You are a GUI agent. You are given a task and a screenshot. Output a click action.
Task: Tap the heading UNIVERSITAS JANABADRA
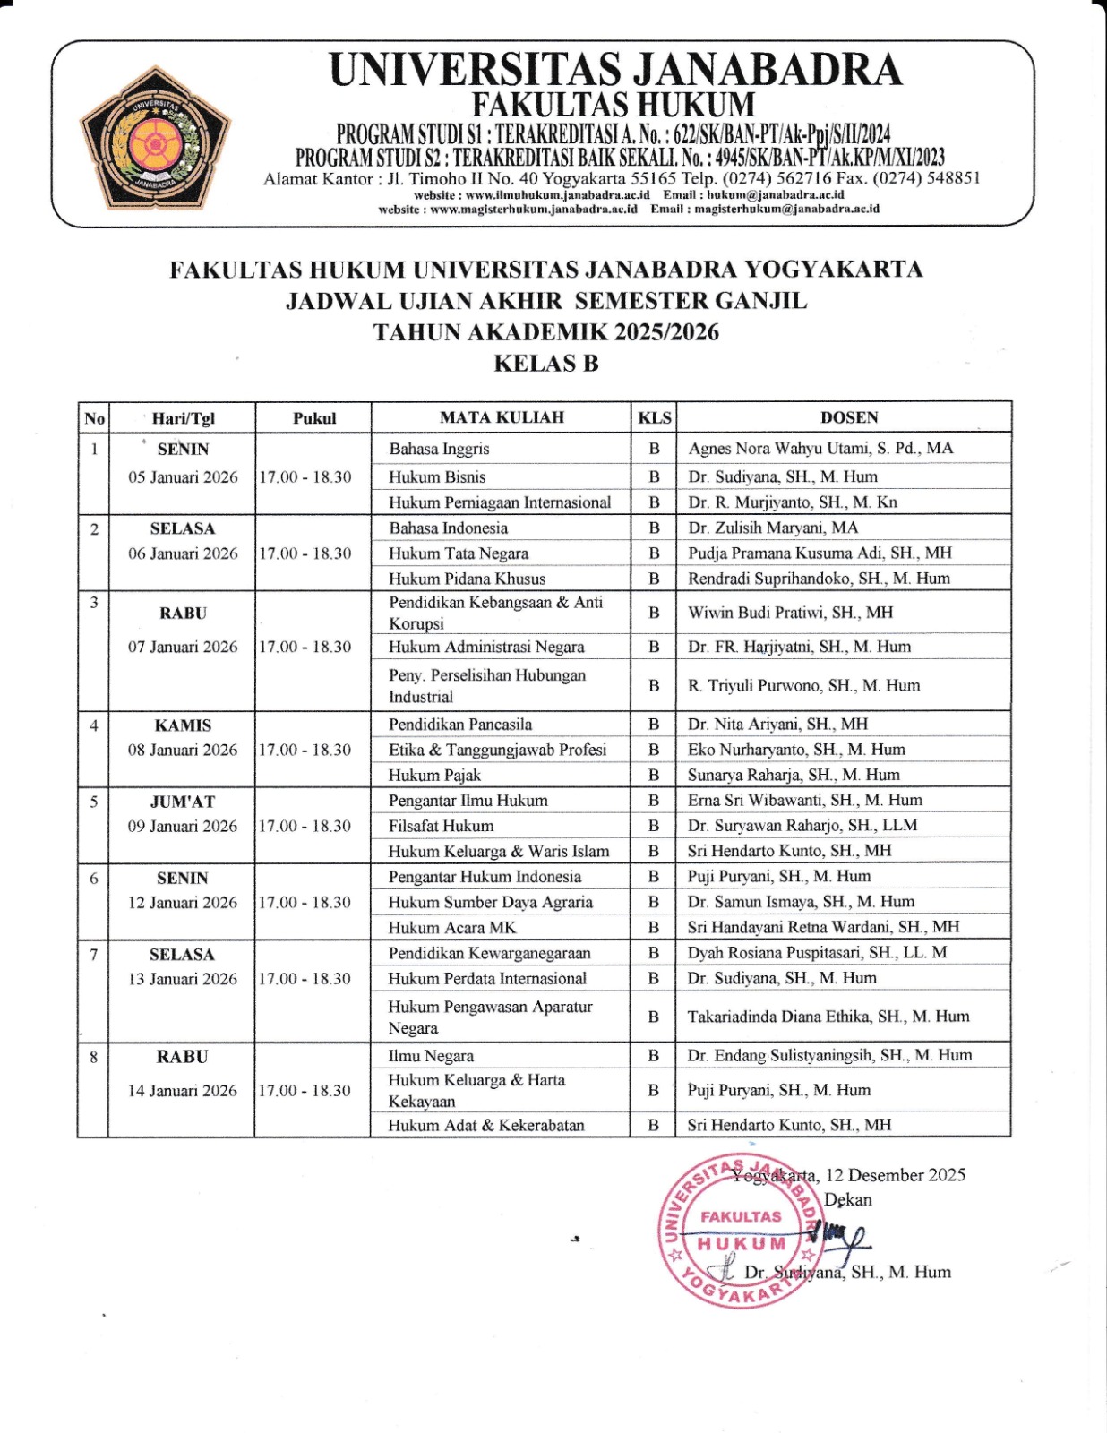coord(615,69)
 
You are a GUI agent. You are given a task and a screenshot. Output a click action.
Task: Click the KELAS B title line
coord(545,364)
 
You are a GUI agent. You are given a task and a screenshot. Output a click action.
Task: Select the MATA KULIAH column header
coord(502,417)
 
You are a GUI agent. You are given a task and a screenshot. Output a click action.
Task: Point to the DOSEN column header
coord(848,417)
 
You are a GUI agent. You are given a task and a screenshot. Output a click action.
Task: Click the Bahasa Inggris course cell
coord(439,449)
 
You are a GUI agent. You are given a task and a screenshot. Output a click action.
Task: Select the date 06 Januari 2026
coord(183,553)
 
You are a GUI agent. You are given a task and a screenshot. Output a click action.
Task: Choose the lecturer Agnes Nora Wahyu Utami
coord(820,449)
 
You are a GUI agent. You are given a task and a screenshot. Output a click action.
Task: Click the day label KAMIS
coord(183,725)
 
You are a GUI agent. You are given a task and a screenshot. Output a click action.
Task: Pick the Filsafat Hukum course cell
coord(441,826)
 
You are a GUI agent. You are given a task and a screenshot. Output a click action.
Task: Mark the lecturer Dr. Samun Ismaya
coord(801,902)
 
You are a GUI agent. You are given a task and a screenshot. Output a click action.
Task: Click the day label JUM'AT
coord(183,802)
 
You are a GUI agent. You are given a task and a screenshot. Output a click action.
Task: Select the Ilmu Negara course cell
coord(431,1056)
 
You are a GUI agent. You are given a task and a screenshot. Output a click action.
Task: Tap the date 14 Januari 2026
coord(183,1090)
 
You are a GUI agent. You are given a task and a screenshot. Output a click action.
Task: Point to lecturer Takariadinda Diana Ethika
coord(828,1017)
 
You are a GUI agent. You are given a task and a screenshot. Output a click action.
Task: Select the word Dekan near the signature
coord(847,1200)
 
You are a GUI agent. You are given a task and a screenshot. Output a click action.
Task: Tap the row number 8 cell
coord(93,1057)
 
